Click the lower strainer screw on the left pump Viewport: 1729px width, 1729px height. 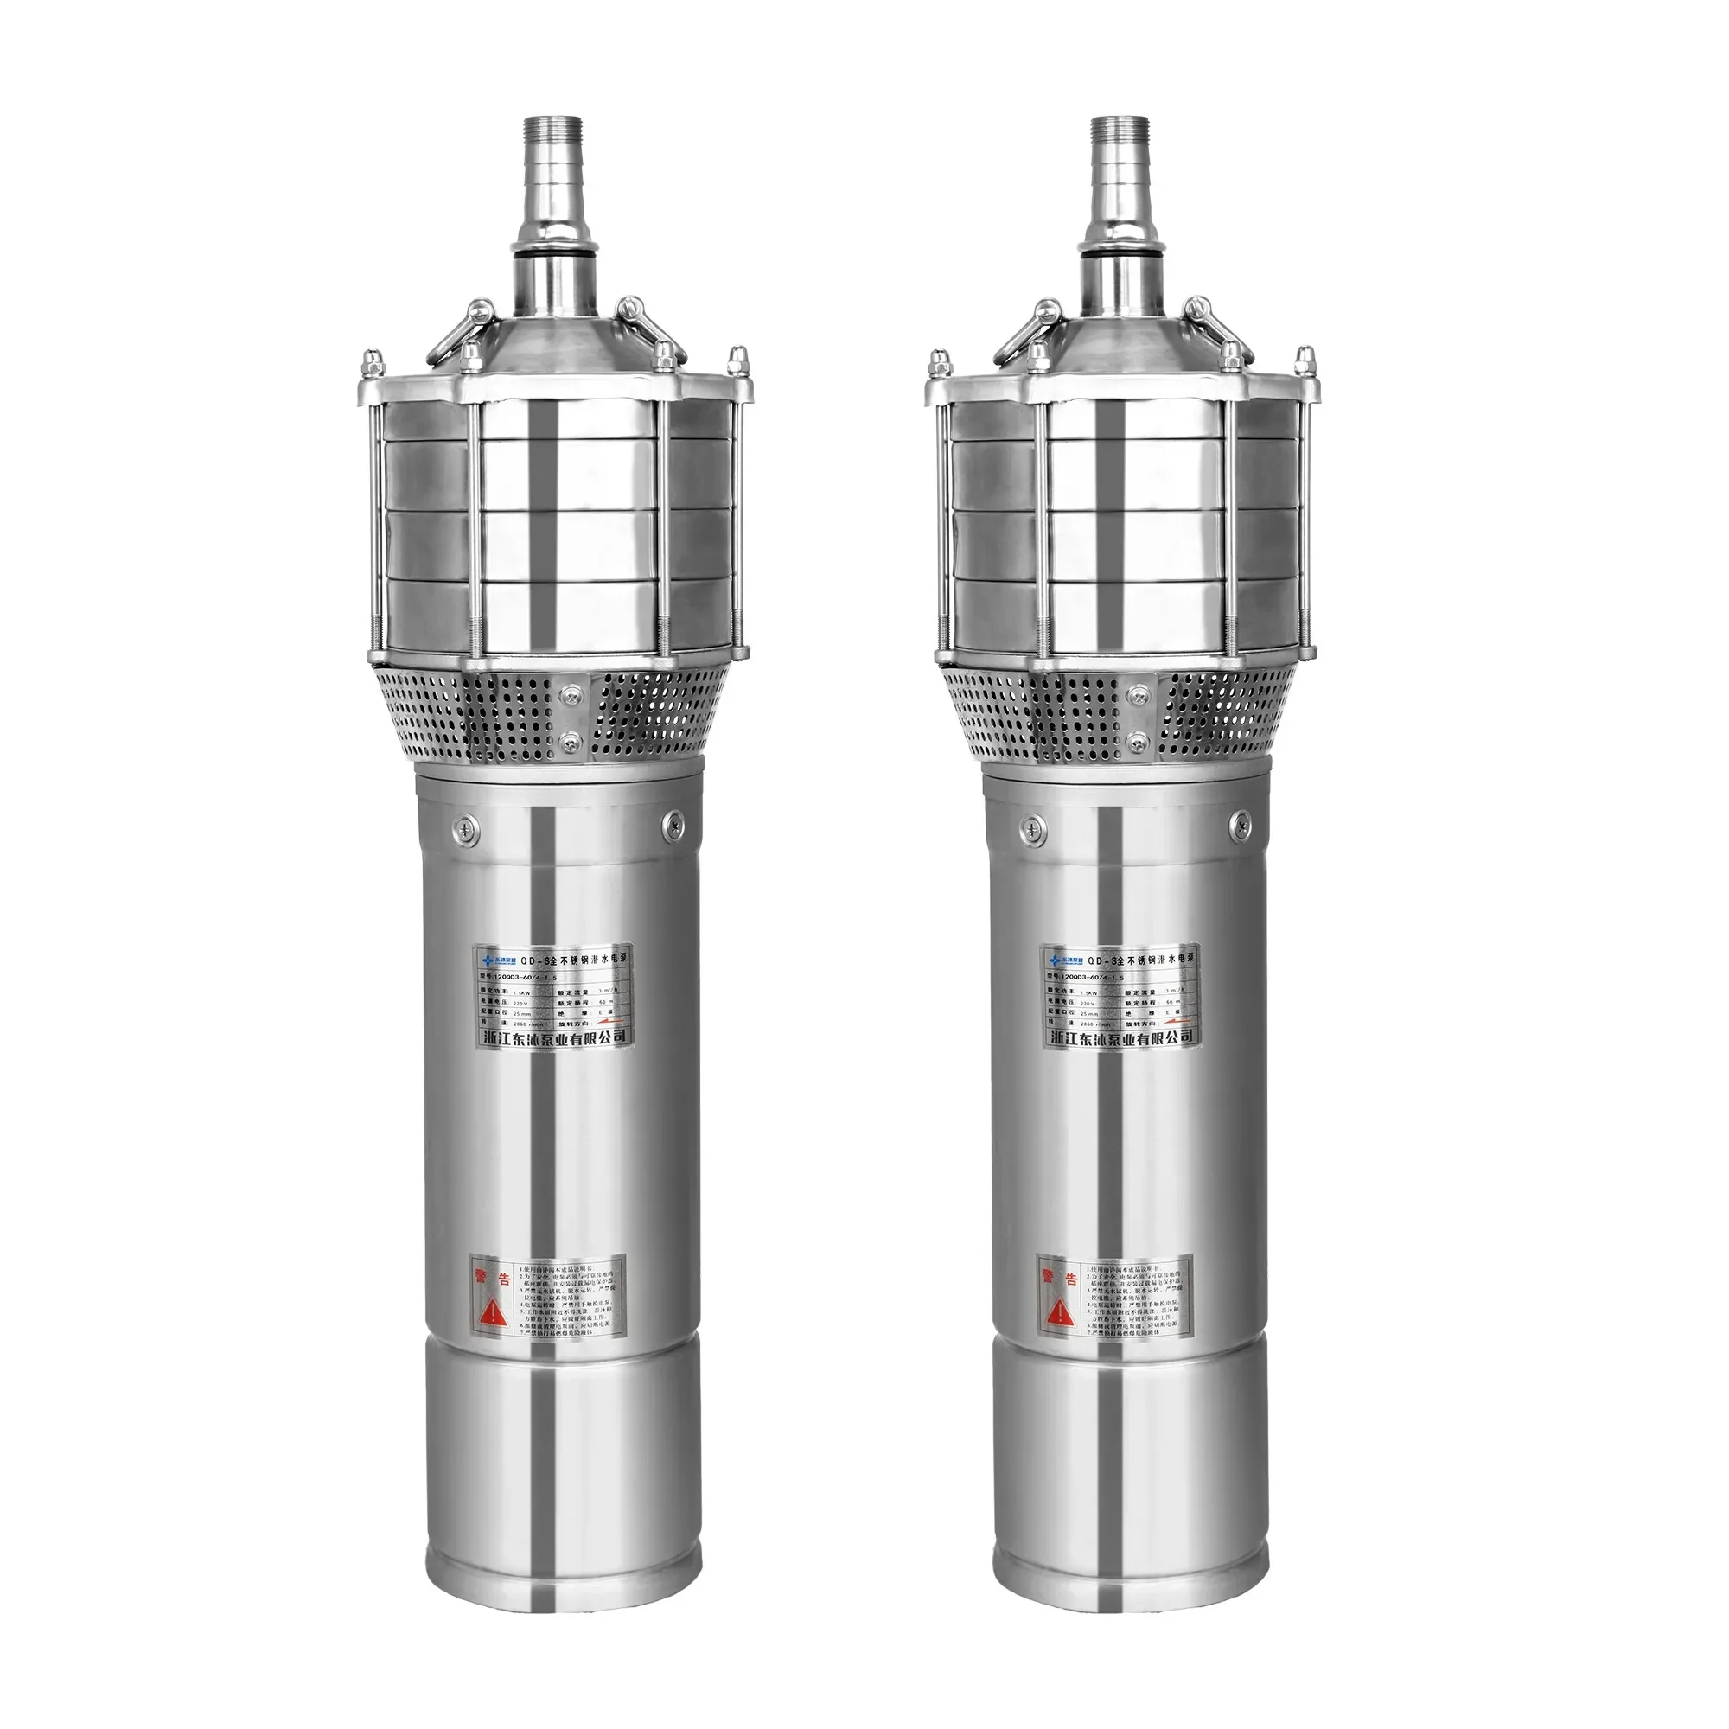coord(570,741)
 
